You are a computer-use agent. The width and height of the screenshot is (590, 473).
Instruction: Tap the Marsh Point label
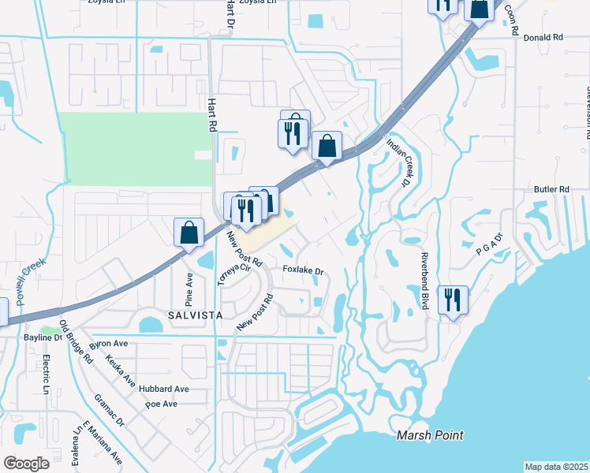pos(430,435)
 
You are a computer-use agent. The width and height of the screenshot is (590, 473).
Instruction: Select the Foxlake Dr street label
pos(304,271)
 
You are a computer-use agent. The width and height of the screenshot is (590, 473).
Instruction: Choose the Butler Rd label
pos(551,189)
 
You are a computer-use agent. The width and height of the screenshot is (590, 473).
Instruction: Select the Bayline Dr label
pos(63,337)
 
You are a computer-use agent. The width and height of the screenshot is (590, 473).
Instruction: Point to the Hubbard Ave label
pos(163,389)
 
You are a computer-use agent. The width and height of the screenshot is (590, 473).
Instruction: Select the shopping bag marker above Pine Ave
pos(189,233)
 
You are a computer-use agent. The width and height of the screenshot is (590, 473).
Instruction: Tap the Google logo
pos(26,464)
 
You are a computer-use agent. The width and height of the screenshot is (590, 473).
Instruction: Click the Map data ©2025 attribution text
pos(557,467)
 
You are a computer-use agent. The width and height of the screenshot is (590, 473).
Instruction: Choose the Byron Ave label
pos(109,345)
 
